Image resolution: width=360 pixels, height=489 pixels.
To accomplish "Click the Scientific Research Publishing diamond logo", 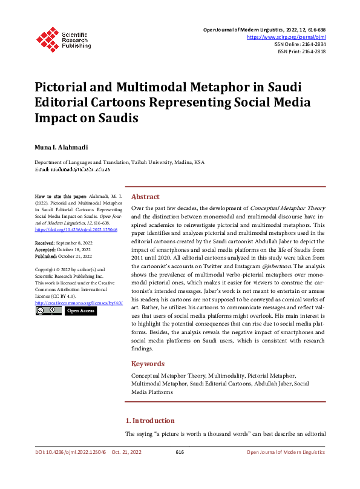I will coord(47,38).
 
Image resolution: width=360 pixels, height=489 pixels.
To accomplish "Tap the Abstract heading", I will coord(145,197).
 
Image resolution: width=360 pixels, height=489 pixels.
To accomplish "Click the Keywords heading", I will coord(148,364).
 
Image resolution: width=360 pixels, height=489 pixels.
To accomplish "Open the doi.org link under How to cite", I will coord(76,230).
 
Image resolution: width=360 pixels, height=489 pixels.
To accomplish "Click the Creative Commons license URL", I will coord(79,303).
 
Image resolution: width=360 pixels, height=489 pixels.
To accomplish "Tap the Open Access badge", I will coord(80,311).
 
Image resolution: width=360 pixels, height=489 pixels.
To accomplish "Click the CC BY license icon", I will coord(48,311).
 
